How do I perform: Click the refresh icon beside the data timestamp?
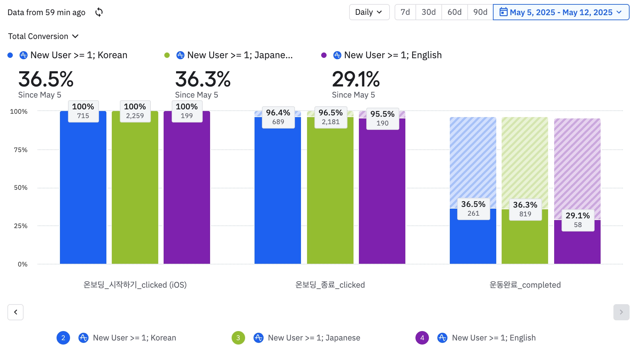point(99,12)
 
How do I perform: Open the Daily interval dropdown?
point(369,12)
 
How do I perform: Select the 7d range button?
point(405,12)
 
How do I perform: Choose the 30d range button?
point(429,12)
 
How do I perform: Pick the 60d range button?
point(454,12)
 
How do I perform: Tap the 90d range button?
point(480,12)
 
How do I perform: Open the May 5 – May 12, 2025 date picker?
point(561,12)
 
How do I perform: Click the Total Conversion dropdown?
point(43,36)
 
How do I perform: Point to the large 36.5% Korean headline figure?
point(46,79)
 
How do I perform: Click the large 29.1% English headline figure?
point(356,79)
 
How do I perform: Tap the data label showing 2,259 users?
point(135,111)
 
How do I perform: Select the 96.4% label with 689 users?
point(278,117)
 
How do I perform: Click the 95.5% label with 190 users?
point(382,118)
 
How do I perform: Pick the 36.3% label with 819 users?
point(525,209)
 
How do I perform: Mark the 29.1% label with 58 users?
point(578,220)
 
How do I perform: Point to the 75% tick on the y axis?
point(21,150)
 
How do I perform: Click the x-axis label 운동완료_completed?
point(525,285)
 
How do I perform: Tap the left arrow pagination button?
point(15,312)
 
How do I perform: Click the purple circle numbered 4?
point(422,338)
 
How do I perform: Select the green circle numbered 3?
point(238,338)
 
